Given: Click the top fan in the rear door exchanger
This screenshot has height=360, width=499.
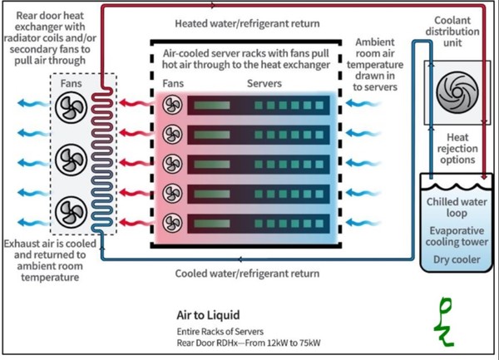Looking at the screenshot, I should (x=70, y=108).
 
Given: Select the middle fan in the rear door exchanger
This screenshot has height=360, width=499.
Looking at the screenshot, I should (x=70, y=158).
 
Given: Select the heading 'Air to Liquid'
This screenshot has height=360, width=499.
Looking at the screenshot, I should (x=209, y=315).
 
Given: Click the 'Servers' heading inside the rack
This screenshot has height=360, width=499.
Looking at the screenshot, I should (x=264, y=84).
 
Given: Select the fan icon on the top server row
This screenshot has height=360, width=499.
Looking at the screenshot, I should (x=172, y=105).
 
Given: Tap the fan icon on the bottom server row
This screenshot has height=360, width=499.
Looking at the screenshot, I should (x=172, y=223).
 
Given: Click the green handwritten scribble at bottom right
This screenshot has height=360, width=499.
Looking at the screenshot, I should (x=447, y=321).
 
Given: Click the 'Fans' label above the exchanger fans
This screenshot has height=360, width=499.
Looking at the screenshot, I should (x=71, y=84).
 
